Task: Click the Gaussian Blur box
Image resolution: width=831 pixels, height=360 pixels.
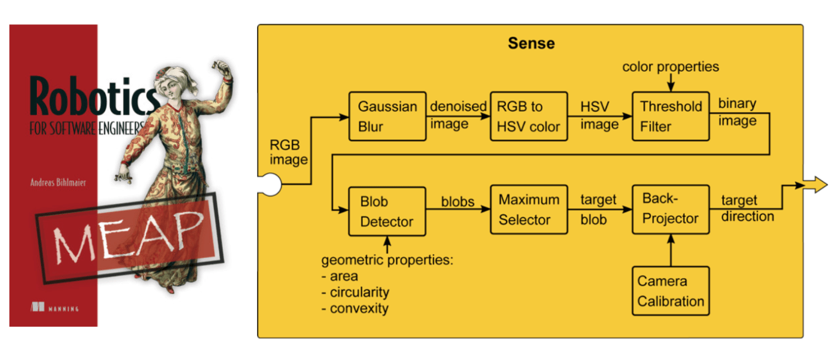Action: pos(387,116)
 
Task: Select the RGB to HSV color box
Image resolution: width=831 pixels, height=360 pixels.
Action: pos(529,116)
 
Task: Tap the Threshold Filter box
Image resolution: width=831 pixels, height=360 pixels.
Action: pos(671,116)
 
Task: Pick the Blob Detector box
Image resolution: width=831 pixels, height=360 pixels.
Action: pos(387,211)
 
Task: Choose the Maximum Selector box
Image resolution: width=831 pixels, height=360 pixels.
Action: pos(529,210)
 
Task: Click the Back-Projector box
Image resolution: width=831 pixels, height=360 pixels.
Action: pos(671,210)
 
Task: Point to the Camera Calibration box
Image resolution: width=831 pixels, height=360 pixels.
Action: pos(671,290)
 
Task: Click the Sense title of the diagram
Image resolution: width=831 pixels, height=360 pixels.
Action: pos(531,43)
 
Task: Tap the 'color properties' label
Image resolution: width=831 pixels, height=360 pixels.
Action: pos(671,67)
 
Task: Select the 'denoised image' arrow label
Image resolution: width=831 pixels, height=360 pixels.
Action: pos(459,115)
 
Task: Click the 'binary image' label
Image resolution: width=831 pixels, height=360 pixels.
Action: pos(737,112)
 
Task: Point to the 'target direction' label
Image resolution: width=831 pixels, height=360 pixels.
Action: pos(747,209)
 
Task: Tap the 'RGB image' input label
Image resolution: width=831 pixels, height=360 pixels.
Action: pos(289,152)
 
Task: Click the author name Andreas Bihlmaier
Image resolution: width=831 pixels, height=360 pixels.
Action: pos(58,182)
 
